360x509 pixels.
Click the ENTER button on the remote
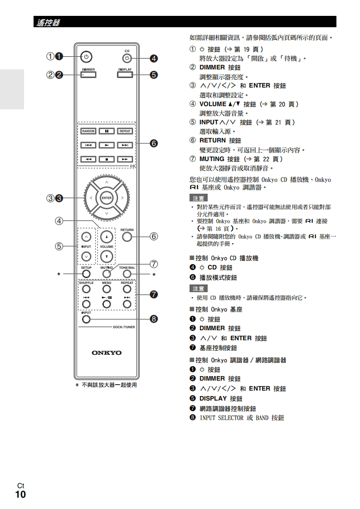click(x=107, y=198)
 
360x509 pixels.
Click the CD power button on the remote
click(x=127, y=58)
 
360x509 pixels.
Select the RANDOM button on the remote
click(x=88, y=131)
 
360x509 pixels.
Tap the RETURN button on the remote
click(x=127, y=237)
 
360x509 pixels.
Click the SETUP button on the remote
click(x=86, y=274)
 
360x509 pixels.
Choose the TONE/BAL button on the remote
click(x=127, y=274)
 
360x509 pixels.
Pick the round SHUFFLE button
click(x=86, y=289)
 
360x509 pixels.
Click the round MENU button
click(x=107, y=289)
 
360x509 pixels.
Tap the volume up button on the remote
click(x=107, y=237)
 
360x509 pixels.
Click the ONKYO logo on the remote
click(x=107, y=352)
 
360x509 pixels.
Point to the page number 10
click(x=20, y=494)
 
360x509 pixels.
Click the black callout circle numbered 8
click(x=154, y=319)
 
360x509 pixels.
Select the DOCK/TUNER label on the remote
click(x=124, y=327)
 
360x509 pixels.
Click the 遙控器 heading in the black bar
click(x=48, y=22)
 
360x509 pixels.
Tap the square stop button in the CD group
click(x=107, y=159)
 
